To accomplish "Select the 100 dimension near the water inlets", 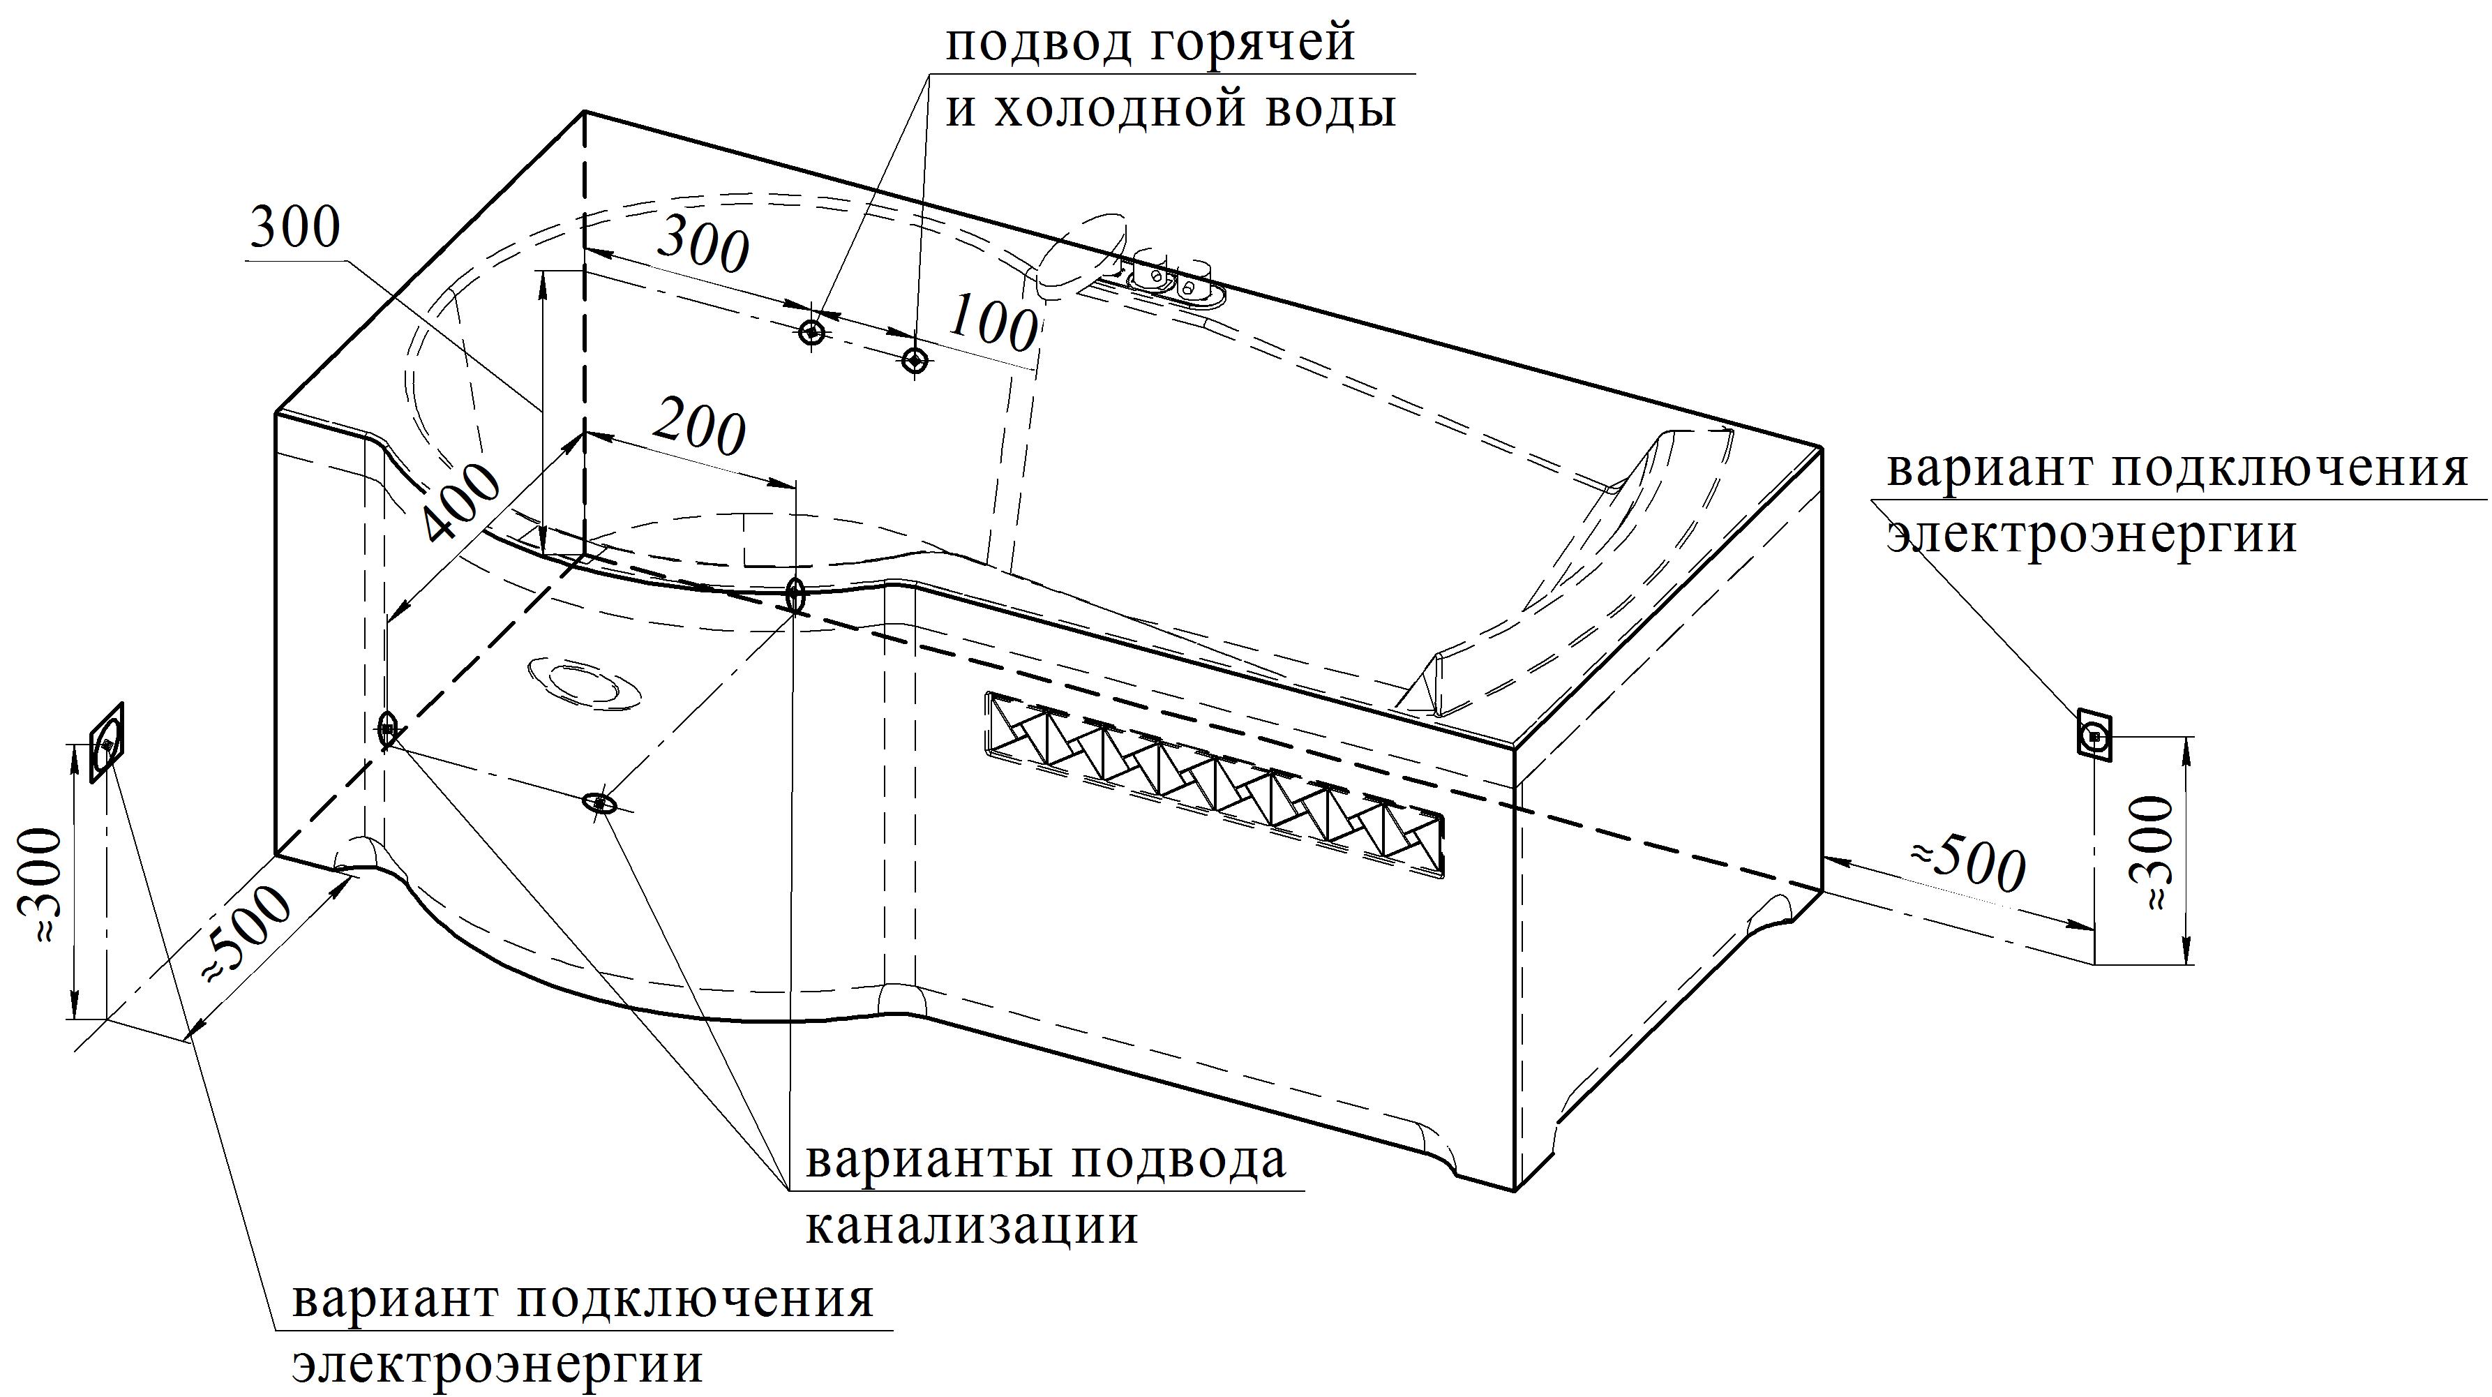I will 991,325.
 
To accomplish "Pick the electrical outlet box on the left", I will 107,742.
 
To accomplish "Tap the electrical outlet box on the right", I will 2094,737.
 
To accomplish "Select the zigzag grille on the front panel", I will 1214,784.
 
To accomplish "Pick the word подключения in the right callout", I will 2288,471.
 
